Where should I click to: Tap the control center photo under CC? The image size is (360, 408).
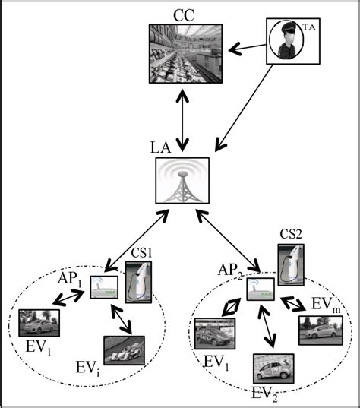coord(185,54)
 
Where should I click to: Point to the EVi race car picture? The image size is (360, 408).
coord(123,351)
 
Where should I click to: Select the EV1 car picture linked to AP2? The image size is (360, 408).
coord(215,334)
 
